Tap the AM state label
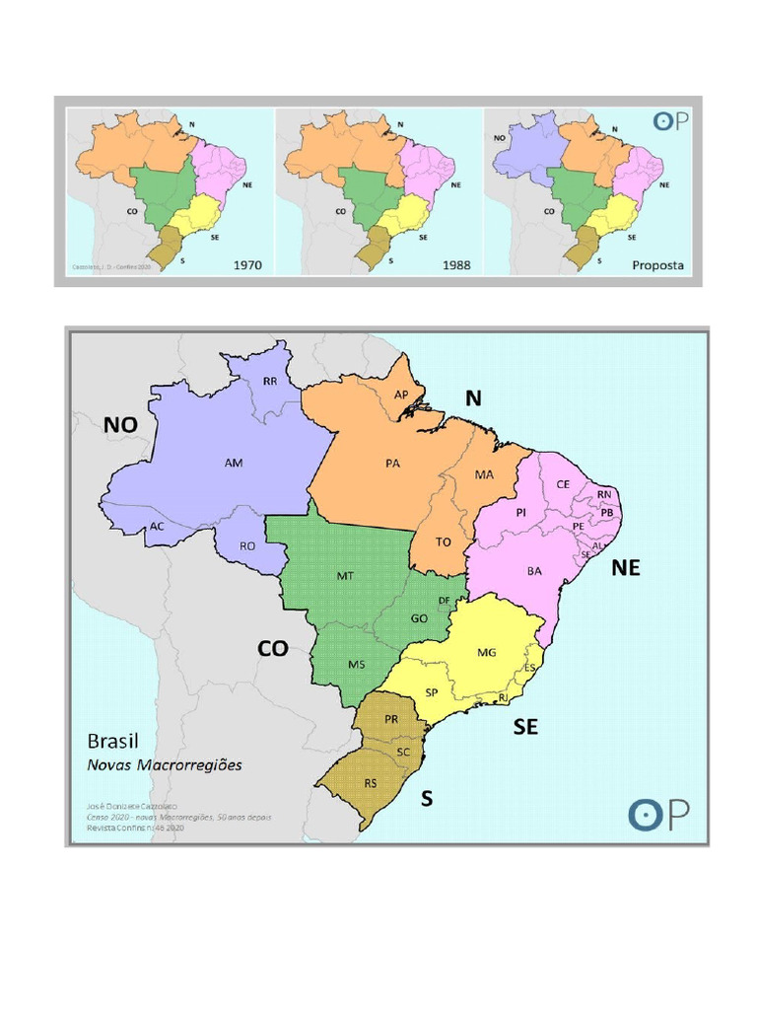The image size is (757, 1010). [234, 462]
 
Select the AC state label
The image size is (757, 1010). [157, 526]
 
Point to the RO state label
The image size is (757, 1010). [248, 544]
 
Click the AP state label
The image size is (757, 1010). [401, 395]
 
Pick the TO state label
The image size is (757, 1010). [444, 541]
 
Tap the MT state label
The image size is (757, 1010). [345, 574]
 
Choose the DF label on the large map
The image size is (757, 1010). [444, 600]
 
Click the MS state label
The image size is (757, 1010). [356, 664]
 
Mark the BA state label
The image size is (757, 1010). [534, 570]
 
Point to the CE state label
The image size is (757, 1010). [563, 484]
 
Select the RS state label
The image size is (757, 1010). [371, 783]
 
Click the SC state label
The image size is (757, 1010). [403, 752]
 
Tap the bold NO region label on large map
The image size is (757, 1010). [121, 424]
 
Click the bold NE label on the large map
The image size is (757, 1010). [626, 567]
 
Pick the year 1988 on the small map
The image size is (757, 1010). [456, 264]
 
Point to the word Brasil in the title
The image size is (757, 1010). [113, 741]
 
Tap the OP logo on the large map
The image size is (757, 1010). [659, 815]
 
